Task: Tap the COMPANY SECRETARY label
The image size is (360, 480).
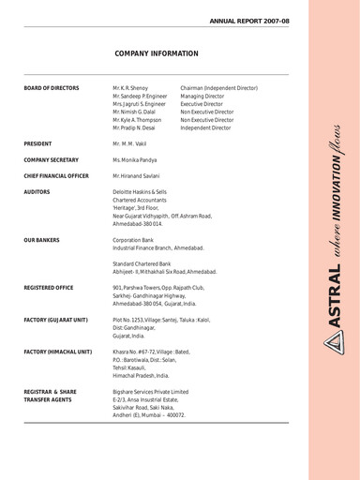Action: [x=54, y=160]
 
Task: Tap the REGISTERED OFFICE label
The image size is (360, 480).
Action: [x=54, y=289]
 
